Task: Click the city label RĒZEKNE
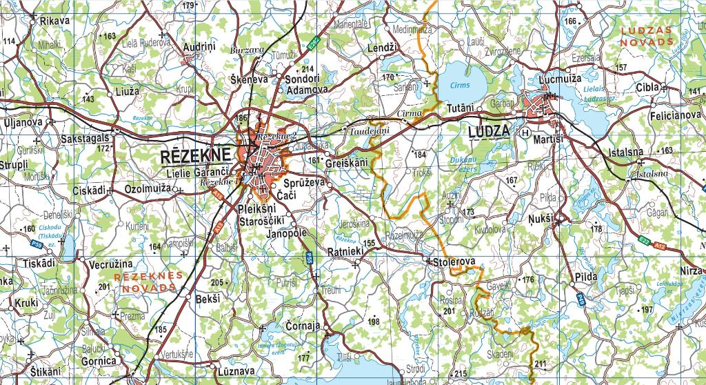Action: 196,157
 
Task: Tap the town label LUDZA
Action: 488,131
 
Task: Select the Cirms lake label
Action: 459,86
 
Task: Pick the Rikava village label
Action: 55,21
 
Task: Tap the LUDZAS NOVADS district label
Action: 646,36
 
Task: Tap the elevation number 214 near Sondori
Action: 307,69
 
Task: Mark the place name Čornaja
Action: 304,326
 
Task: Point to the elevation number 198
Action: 374,322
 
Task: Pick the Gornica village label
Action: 99,361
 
